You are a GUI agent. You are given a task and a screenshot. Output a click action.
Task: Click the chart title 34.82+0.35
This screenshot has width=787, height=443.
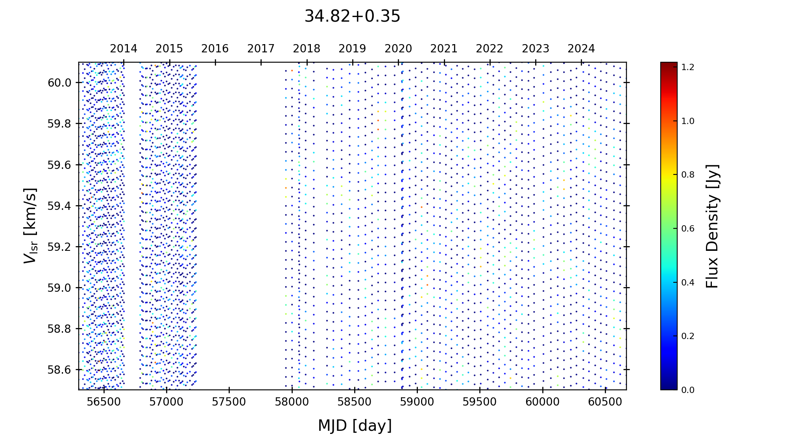352,17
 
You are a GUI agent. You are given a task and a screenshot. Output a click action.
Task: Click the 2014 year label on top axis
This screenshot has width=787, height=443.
124,49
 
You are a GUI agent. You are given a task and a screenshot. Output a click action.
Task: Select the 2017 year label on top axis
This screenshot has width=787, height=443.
261,49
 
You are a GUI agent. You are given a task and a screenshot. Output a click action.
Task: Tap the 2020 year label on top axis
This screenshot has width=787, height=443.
398,49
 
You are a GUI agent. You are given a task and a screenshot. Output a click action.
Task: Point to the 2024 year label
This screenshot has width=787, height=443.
581,49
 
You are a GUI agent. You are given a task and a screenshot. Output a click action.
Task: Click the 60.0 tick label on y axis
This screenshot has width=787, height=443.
59,83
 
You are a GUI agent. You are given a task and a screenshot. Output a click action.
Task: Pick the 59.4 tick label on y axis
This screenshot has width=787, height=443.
59,206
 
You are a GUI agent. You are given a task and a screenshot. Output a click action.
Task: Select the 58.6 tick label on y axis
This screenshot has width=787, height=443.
59,370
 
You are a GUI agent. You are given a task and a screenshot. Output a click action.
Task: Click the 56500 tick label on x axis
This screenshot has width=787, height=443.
104,402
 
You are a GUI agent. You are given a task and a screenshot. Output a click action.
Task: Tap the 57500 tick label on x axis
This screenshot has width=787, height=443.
229,402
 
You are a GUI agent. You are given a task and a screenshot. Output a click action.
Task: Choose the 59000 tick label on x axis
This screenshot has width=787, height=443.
417,402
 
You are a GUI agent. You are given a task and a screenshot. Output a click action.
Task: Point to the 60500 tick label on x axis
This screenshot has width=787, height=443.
605,402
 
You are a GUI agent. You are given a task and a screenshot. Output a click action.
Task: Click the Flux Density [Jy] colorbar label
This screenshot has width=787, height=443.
712,226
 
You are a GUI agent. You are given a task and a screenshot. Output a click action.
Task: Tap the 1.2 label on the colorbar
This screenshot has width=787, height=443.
688,67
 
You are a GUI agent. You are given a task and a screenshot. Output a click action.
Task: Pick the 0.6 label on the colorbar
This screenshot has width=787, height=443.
688,229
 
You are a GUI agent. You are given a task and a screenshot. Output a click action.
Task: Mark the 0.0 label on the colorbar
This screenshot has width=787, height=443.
688,390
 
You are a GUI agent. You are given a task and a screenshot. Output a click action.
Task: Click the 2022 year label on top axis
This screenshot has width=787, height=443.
490,49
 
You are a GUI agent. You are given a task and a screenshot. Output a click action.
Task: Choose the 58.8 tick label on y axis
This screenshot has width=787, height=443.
59,329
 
